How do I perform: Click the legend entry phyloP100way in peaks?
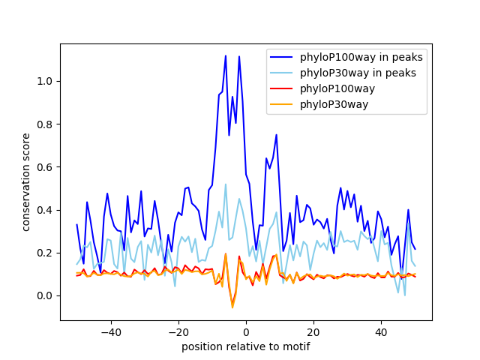pos(361,57)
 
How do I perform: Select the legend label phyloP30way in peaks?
pos(358,73)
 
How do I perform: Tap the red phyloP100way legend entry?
pos(337,88)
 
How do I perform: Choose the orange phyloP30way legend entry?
pos(334,104)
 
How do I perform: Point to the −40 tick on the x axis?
pos(110,331)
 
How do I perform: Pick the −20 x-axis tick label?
pos(178,331)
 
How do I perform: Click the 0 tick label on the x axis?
pos(246,331)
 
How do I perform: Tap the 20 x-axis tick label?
pos(313,331)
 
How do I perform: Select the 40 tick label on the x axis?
pos(381,331)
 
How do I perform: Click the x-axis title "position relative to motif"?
pos(245,346)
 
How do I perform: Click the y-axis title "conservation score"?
pos(26,182)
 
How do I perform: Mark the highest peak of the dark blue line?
pos(225,55)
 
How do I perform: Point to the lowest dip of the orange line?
pos(232,307)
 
